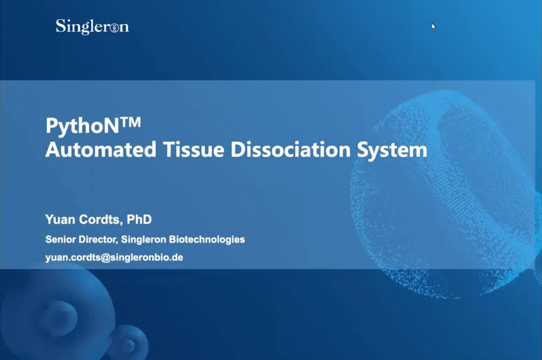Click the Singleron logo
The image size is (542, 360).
(x=92, y=26)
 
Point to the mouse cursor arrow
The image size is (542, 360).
(x=433, y=26)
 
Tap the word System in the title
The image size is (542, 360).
(x=392, y=150)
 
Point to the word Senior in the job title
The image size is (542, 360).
(x=60, y=239)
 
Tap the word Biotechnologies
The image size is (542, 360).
(x=207, y=239)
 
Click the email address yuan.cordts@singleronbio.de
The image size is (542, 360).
(x=114, y=257)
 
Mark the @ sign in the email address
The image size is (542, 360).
(x=100, y=257)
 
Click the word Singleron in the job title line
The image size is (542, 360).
(x=144, y=239)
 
